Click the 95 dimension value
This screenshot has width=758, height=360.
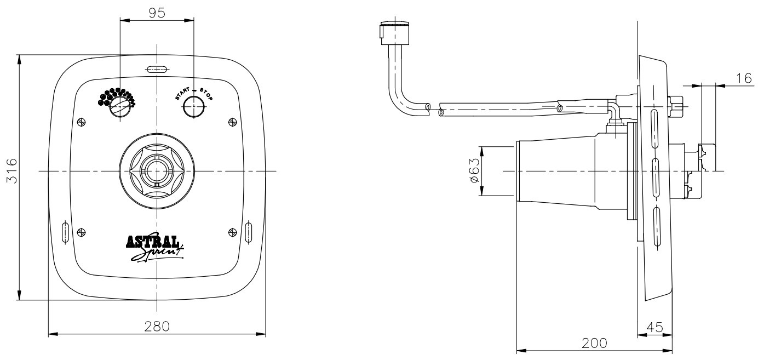(x=157, y=13)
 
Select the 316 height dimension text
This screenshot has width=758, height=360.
(x=12, y=171)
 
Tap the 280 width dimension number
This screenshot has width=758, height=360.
(x=157, y=327)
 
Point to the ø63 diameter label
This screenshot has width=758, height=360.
(x=475, y=171)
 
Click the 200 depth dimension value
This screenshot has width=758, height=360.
(x=595, y=344)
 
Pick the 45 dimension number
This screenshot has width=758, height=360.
(x=655, y=327)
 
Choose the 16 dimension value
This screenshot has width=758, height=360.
(x=744, y=78)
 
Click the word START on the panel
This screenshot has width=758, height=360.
(x=182, y=94)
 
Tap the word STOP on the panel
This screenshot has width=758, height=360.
(x=206, y=94)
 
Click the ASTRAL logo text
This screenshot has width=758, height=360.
(x=153, y=242)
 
